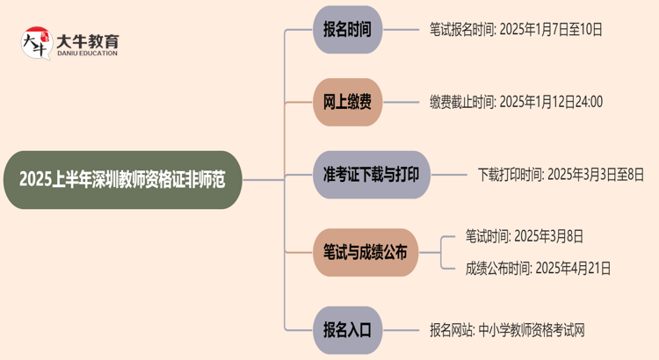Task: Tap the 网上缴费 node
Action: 347,102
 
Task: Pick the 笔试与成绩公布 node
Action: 366,253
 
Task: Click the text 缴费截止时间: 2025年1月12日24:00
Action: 516,102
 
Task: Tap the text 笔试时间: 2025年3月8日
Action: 525,236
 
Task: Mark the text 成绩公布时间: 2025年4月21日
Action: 538,269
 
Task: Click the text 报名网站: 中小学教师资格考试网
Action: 507,330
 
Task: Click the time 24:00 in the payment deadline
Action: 585,102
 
